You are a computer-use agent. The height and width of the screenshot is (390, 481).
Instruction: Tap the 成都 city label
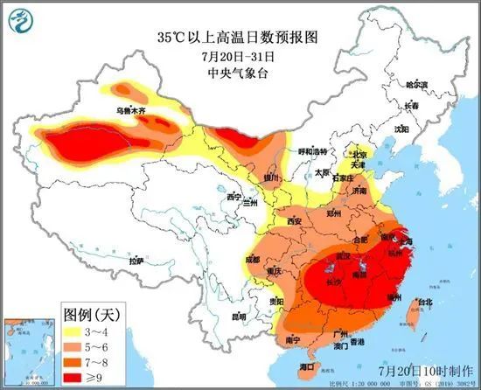pos(253,260)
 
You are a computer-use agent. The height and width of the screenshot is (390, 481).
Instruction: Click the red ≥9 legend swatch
pos(75,376)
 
